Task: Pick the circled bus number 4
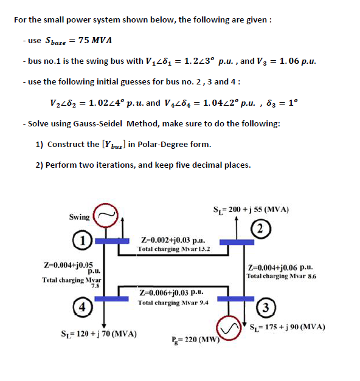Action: pyautogui.click(x=82, y=306)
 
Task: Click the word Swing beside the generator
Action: pyautogui.click(x=79, y=217)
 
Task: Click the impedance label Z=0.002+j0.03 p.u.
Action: pyautogui.click(x=173, y=240)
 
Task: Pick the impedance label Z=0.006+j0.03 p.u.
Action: pyautogui.click(x=173, y=292)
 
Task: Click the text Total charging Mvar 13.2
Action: pyautogui.click(x=174, y=249)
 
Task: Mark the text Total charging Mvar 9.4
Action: pyautogui.click(x=173, y=301)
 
